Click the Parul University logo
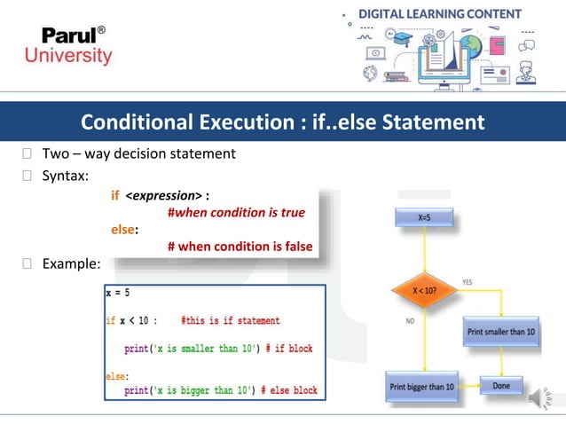tap(77, 44)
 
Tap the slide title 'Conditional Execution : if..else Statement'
tap(282, 122)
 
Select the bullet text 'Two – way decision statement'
tap(138, 153)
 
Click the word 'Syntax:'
tap(66, 176)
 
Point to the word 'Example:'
tap(72, 263)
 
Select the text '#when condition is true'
tap(236, 213)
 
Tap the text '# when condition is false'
tap(240, 247)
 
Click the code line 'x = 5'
tap(119, 292)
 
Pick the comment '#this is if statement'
tap(230, 320)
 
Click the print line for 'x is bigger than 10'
tap(220, 389)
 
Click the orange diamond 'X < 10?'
tap(423, 289)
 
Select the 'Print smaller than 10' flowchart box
tap(501, 332)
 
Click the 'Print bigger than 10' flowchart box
tap(422, 386)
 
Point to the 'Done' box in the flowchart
tap(501, 385)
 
